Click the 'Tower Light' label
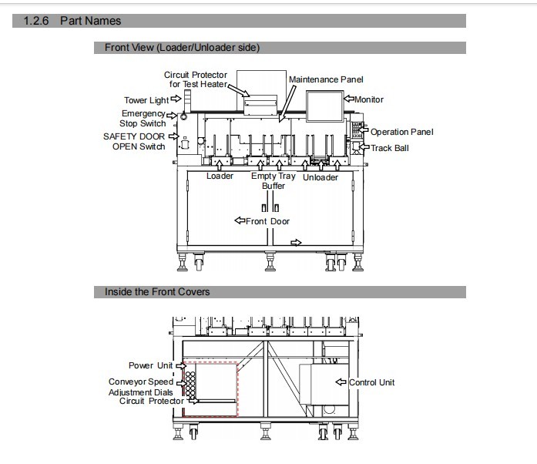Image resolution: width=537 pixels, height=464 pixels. [x=146, y=100]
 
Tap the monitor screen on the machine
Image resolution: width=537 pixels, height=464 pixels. [x=324, y=106]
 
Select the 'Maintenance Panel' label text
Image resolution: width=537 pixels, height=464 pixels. [x=326, y=79]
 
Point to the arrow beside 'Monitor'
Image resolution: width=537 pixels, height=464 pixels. [x=349, y=99]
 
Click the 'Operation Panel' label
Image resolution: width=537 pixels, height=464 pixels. [x=401, y=132]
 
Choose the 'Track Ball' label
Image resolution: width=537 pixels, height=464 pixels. [x=390, y=148]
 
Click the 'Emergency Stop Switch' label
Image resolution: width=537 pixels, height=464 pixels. [x=143, y=118]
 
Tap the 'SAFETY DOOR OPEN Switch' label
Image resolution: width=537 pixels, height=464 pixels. [x=134, y=142]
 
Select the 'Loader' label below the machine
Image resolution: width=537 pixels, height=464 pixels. [x=220, y=177]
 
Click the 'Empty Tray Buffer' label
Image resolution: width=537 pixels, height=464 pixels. [x=274, y=180]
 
